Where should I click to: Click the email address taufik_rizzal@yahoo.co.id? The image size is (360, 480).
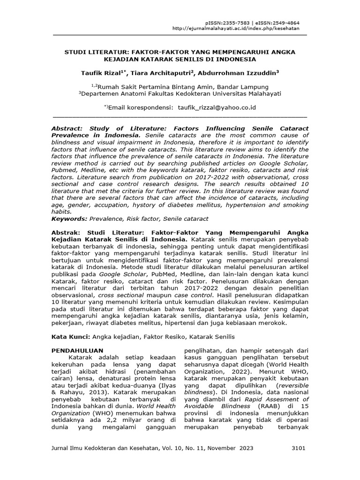click(x=217, y=107)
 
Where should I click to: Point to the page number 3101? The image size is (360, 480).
click(x=298, y=448)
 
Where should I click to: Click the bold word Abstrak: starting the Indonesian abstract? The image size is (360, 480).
click(x=67, y=232)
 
